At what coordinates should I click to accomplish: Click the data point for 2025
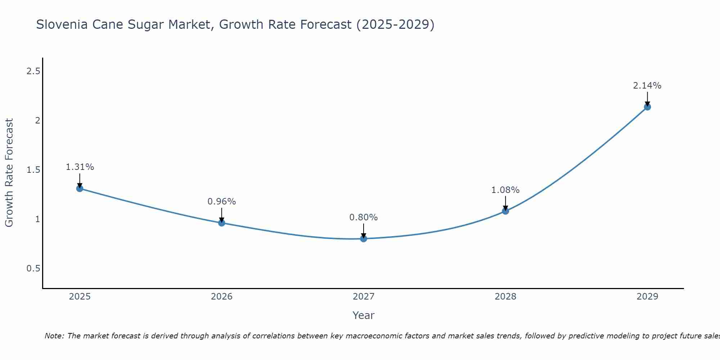point(80,188)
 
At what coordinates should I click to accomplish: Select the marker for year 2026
point(222,223)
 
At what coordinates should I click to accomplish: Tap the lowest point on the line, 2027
point(364,239)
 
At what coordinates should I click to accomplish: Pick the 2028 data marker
point(505,211)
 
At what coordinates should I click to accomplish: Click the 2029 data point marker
point(647,107)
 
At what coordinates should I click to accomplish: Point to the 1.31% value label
point(80,167)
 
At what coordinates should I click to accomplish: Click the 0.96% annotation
point(222,202)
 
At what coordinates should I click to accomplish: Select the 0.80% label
point(364,217)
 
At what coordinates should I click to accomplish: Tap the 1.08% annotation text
point(505,190)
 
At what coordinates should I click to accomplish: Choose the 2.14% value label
point(647,86)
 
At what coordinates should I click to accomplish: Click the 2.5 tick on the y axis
point(33,71)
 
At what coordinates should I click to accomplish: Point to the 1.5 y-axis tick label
point(33,170)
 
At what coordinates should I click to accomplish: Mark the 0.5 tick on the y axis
point(33,269)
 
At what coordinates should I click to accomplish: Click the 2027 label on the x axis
point(364,297)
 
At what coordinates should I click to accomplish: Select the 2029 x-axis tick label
point(647,297)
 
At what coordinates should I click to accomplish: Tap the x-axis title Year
point(364,315)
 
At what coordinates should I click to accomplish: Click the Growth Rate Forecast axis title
point(9,173)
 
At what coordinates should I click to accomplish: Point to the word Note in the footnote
point(54,336)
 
